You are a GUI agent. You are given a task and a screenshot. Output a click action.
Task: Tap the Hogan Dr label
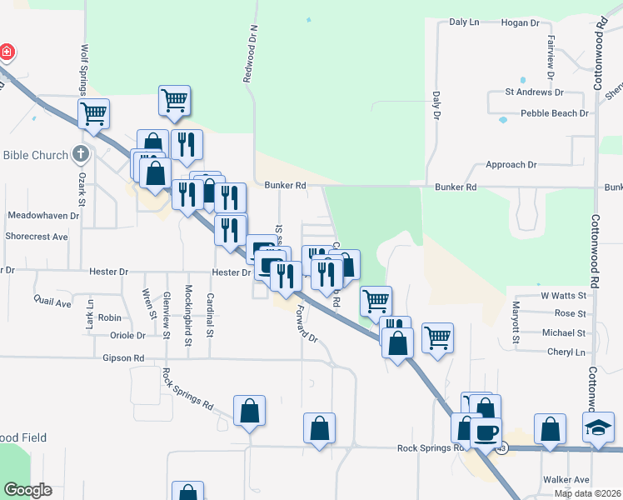518,22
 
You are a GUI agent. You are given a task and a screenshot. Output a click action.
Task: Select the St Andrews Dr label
535,92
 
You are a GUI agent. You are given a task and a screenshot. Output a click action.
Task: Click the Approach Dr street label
511,165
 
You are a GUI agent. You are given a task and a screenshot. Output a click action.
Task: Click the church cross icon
80,153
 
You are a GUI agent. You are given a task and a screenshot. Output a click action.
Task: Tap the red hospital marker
7,52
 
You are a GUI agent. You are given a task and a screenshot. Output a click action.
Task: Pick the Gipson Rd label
123,358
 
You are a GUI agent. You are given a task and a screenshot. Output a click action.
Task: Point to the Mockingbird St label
188,317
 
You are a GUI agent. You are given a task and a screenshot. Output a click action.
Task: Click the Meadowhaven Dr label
42,215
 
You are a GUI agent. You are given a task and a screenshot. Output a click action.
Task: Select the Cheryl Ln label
566,352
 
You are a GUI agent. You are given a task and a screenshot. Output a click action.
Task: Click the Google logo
27,489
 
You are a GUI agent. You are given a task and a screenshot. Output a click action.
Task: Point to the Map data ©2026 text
587,493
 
